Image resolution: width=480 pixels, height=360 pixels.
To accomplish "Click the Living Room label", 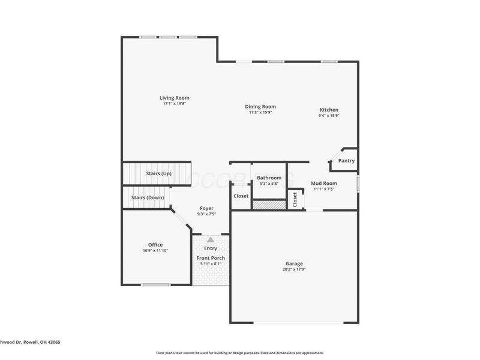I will coord(174,98).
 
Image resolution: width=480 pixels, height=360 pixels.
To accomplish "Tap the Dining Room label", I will coord(260,107).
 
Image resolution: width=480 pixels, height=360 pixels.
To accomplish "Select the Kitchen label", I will coord(329,110).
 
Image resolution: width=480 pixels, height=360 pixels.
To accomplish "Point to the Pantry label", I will coord(346,161).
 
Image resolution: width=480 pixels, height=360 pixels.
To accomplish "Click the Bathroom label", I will coord(269,178).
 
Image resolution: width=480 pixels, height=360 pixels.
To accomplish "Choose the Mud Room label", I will coord(324,183).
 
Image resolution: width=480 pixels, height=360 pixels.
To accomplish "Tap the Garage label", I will coord(294,263).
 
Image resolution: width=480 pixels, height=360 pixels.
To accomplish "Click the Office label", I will coord(155,244).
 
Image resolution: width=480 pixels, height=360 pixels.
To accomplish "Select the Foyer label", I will coord(206,208).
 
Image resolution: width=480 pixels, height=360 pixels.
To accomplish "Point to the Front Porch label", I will coord(211,258).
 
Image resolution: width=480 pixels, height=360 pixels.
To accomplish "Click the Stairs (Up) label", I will coord(159,174).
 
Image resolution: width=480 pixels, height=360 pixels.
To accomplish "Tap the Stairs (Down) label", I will coord(148,197).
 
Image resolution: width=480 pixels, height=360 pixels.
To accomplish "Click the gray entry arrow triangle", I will coord(210,239).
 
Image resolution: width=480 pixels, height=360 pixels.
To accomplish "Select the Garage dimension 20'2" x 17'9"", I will coord(294,269).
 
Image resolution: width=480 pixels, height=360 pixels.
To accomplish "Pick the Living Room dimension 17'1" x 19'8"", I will coord(174,104).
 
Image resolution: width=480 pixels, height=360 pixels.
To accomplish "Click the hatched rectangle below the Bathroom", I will coord(269,205).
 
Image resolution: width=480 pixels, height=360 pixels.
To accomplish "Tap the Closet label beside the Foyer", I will coord(241,196).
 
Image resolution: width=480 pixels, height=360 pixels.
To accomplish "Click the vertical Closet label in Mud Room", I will coord(295,200).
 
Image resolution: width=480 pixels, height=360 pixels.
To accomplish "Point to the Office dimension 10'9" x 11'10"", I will coord(155,250).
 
